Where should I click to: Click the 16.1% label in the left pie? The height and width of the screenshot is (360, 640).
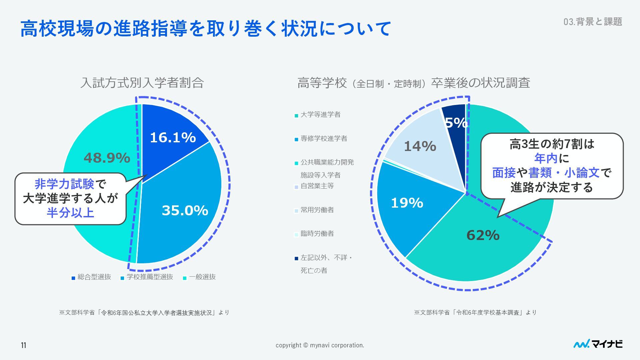coord(173,138)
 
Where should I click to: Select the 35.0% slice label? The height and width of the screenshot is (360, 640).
coord(185,211)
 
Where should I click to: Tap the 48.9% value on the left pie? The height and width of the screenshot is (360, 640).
coord(107,158)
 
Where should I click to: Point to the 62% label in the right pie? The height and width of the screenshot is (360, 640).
coord(483,235)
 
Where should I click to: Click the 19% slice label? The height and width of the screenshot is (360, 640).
coord(407,203)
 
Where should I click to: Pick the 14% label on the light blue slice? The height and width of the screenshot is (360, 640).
coord(420,146)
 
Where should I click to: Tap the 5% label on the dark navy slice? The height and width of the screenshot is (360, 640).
coord(456,123)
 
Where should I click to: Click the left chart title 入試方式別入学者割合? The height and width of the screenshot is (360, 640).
coord(142,83)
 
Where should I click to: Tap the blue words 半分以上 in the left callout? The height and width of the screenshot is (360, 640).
coord(70,212)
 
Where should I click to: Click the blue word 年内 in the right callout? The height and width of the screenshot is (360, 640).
coord(546,159)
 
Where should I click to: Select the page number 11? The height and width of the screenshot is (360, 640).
coord(23,345)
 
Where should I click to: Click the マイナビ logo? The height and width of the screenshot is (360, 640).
coord(598,344)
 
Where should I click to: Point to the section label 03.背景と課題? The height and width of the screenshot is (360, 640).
coord(593,22)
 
